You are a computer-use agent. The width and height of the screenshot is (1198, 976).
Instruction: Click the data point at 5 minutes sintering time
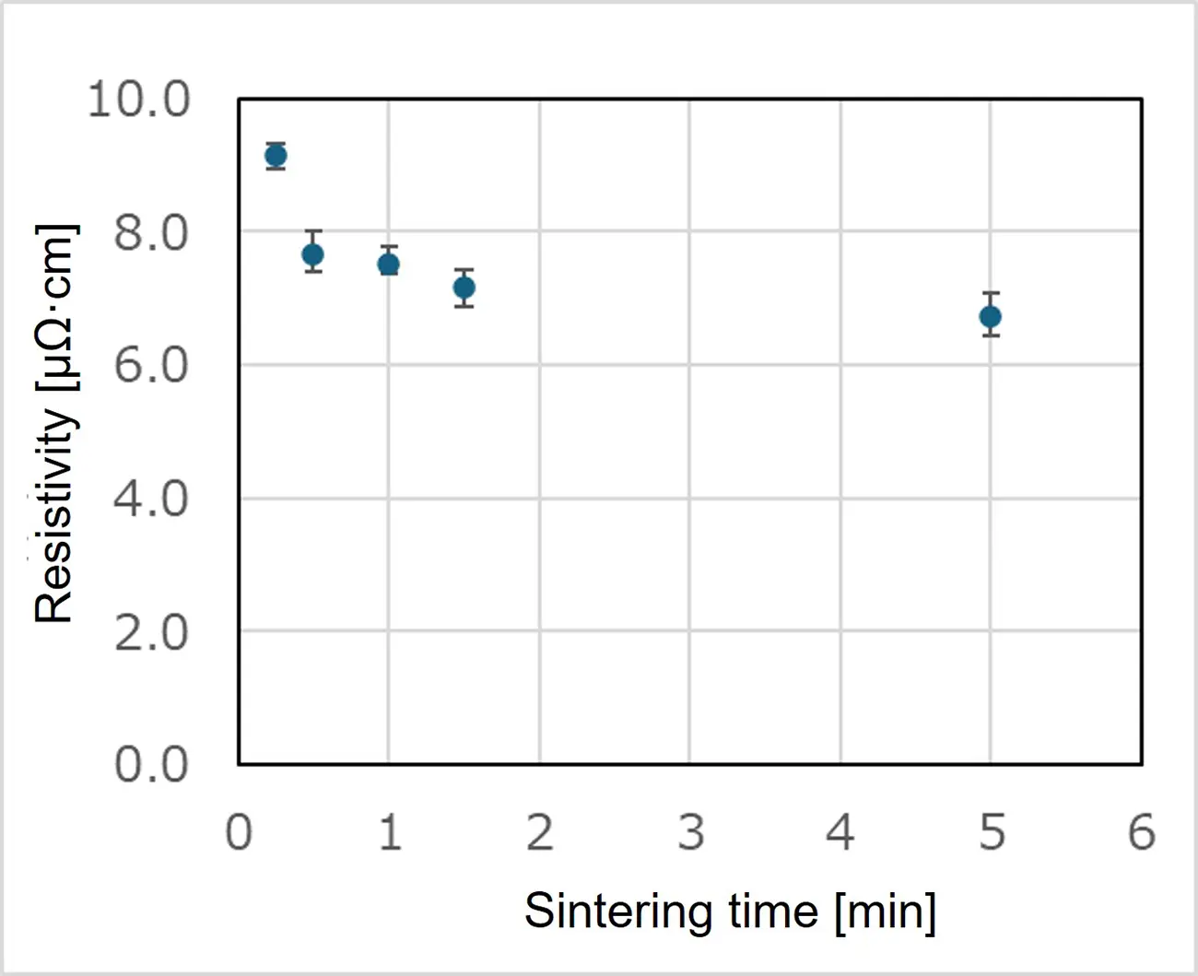click(991, 317)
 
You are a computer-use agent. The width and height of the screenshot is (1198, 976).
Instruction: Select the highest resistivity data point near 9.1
click(276, 156)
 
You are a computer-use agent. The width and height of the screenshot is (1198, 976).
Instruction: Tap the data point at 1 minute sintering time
click(389, 264)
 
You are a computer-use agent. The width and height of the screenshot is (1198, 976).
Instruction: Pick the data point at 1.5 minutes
click(464, 288)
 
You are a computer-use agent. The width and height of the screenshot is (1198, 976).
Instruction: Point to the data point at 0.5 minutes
click(313, 254)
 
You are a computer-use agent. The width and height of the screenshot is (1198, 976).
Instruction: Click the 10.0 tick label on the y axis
click(139, 99)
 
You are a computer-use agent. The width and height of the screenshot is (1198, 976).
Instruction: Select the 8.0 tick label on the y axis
click(151, 233)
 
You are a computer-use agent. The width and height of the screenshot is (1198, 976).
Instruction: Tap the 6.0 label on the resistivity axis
click(151, 365)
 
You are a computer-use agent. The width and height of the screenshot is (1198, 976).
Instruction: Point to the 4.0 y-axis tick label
click(151, 499)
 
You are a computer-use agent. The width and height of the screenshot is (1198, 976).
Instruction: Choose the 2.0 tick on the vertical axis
click(151, 632)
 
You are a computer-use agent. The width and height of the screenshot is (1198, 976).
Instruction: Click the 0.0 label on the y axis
click(151, 764)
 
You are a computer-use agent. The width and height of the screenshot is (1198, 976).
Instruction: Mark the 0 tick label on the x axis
click(239, 832)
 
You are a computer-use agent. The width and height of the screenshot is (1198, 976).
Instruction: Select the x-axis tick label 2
click(541, 832)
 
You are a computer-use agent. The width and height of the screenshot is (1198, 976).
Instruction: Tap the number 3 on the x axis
click(691, 832)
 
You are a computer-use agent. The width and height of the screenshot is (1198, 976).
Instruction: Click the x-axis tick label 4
click(840, 832)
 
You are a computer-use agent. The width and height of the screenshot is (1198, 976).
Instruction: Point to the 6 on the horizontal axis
click(1142, 832)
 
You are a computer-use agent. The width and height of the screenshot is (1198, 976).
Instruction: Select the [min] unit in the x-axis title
click(886, 911)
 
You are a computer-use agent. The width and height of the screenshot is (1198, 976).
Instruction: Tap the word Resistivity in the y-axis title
click(54, 515)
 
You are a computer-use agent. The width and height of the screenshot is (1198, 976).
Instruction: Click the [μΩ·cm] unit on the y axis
click(57, 308)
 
